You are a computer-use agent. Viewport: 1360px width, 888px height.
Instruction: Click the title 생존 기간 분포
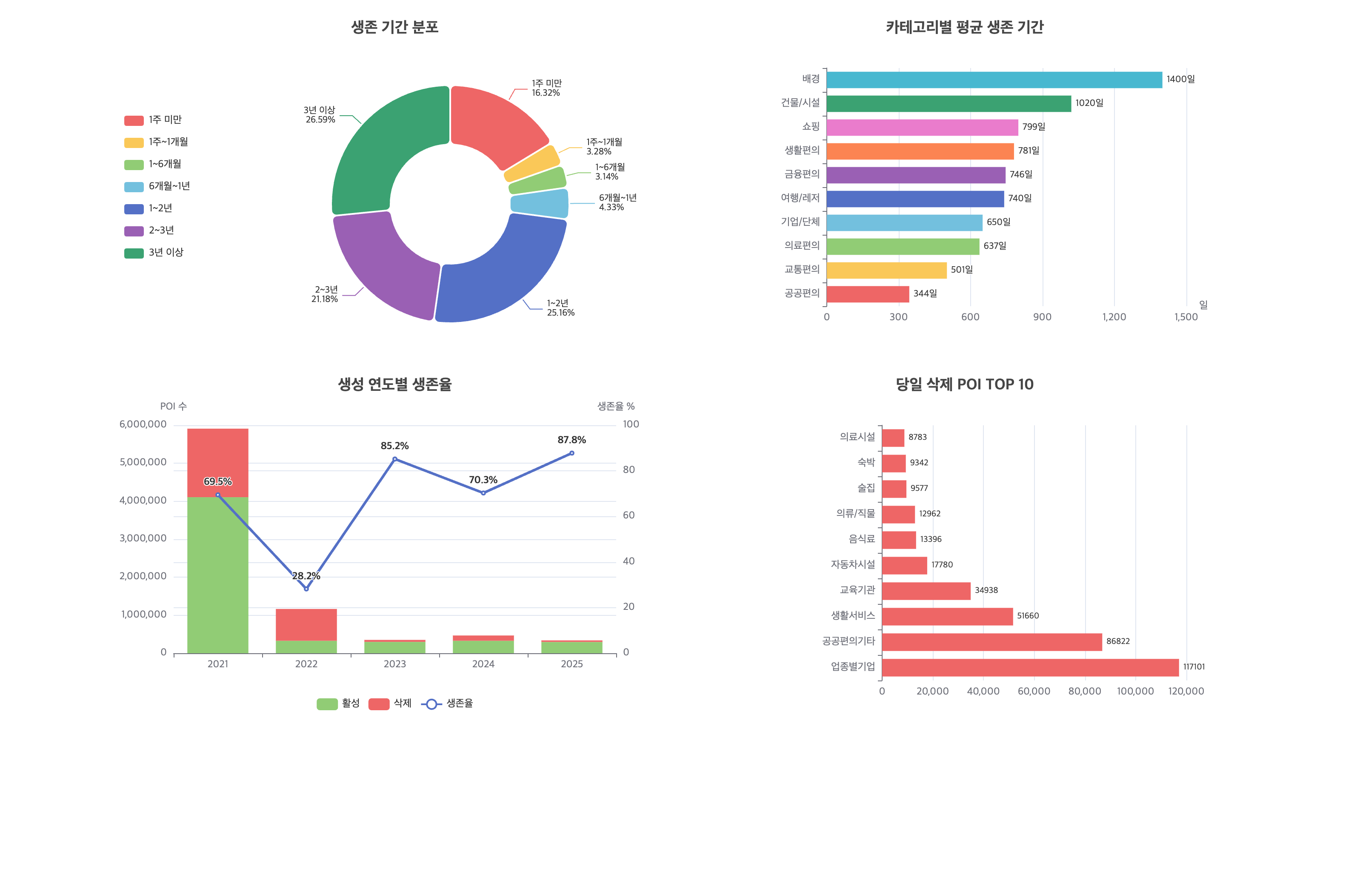394,27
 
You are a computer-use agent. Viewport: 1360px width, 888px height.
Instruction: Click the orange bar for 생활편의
920,151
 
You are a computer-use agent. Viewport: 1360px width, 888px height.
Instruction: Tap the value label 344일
925,293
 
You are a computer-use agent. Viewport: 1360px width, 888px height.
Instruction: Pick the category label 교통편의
801,270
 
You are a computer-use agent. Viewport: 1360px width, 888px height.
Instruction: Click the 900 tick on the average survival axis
1042,317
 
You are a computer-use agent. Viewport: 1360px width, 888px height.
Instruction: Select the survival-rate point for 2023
395,459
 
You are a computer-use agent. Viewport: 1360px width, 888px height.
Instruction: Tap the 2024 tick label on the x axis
483,664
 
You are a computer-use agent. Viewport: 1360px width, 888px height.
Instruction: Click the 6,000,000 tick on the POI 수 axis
143,424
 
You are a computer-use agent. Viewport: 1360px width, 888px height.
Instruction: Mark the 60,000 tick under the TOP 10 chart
1033,692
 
